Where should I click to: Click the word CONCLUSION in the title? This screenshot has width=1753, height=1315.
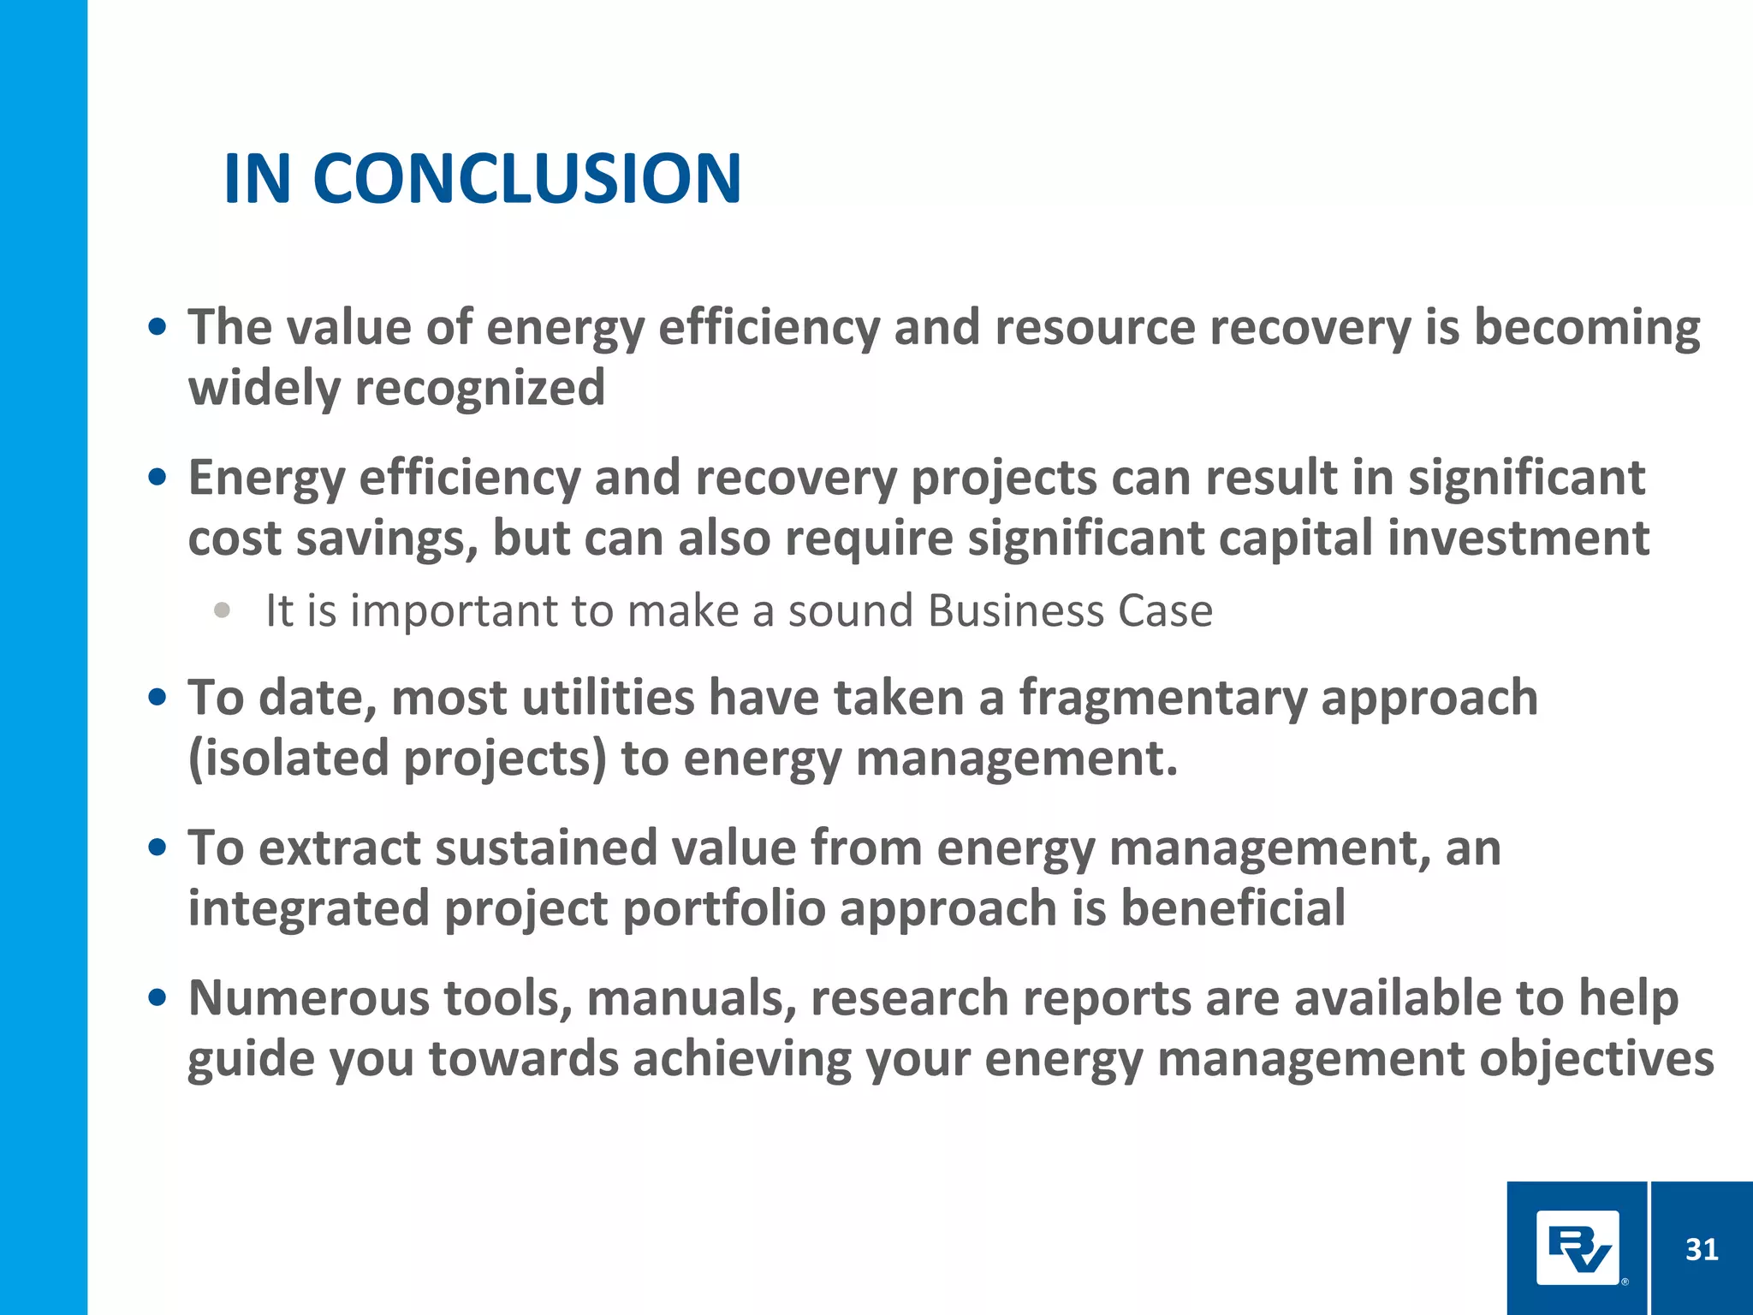526,179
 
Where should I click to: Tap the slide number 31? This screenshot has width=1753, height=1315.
1701,1250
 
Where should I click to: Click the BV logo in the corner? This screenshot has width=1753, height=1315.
1578,1248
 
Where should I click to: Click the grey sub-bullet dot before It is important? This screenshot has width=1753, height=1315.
223,610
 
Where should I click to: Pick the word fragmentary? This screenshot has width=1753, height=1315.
1162,698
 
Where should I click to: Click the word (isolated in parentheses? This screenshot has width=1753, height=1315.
288,759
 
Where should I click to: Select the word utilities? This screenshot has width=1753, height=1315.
608,698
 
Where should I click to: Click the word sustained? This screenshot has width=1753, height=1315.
545,848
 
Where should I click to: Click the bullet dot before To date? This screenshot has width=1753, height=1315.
157,698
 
